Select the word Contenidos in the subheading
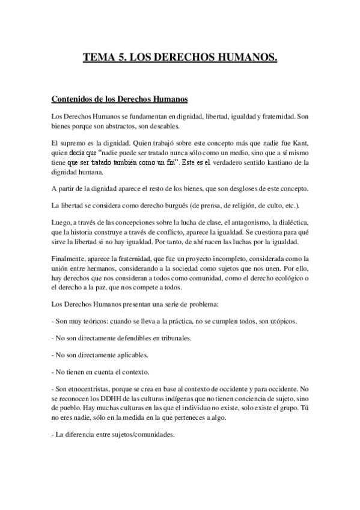click(x=73, y=98)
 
